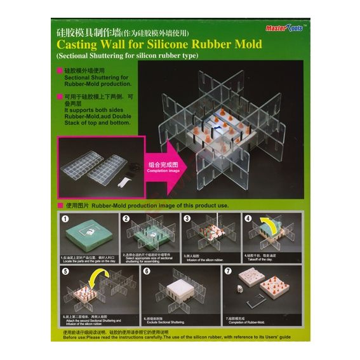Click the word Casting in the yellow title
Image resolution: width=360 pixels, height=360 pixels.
click(81, 45)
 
